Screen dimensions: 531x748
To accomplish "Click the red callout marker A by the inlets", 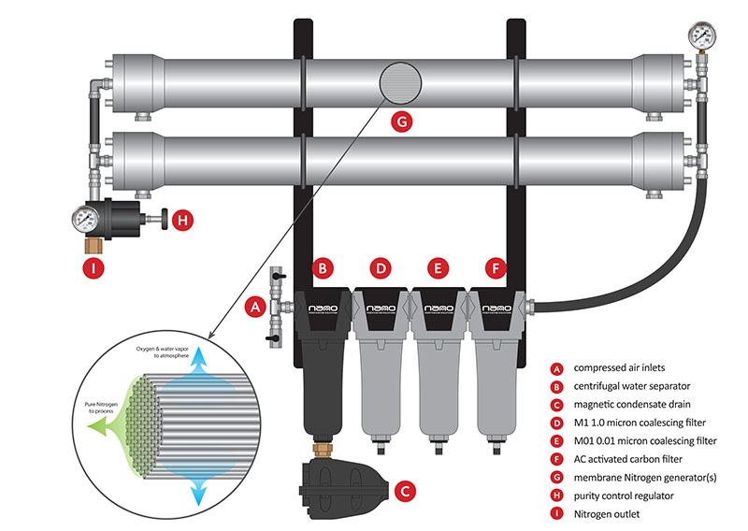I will (251, 305).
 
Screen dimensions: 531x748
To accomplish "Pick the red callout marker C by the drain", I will (404, 487).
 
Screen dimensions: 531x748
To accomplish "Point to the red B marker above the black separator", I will (323, 268).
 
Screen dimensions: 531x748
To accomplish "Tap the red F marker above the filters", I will (496, 268).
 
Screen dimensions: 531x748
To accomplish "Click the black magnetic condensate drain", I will (342, 481).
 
